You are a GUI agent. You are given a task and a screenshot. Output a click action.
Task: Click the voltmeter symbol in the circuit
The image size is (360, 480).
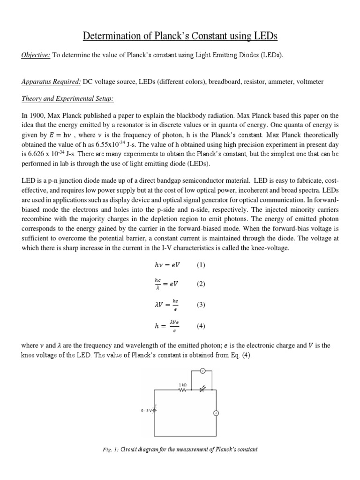point(203,371)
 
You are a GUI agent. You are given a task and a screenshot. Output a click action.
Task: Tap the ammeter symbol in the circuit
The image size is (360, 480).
point(216,413)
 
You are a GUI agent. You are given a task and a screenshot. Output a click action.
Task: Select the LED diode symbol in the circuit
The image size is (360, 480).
point(202,390)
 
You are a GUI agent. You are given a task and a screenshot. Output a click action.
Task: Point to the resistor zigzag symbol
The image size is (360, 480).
point(183,390)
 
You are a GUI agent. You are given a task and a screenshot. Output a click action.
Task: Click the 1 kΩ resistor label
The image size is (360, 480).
point(182,384)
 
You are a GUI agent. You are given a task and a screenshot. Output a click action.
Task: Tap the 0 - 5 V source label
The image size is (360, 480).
point(147,410)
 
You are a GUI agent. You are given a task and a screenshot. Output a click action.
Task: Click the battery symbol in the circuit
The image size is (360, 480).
point(155,410)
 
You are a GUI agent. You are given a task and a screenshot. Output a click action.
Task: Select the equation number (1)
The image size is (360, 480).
point(201,265)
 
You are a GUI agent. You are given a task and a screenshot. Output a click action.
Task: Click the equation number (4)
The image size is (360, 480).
point(201,327)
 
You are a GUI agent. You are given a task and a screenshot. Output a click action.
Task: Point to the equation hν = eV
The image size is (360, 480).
point(167,265)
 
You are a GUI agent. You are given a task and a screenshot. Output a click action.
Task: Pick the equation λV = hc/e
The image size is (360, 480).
point(167,305)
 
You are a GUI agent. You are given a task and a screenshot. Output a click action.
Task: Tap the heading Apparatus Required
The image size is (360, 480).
point(51,82)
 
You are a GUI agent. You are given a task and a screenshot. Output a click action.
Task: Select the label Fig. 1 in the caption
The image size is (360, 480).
point(110,450)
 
